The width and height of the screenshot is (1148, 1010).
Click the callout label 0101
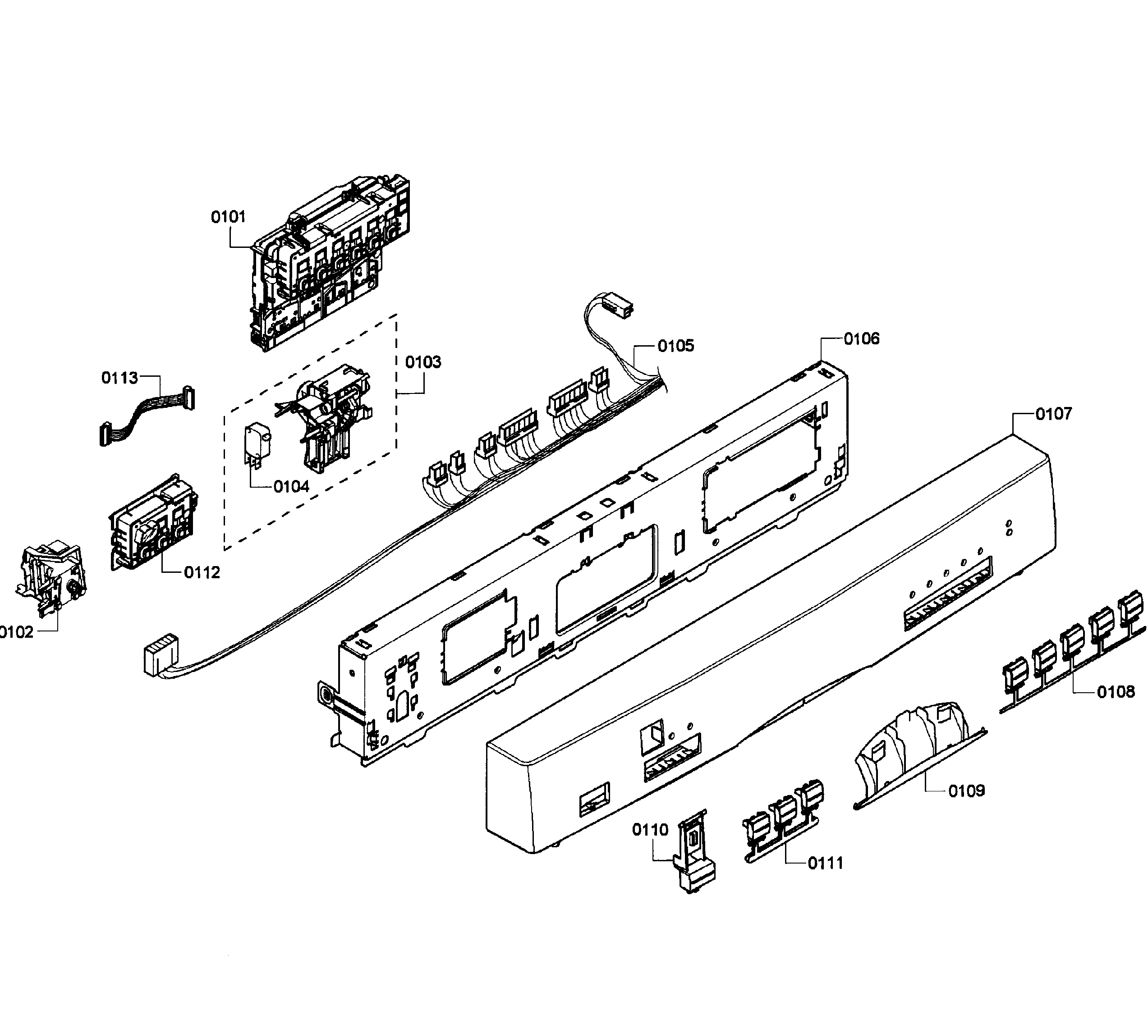tap(228, 217)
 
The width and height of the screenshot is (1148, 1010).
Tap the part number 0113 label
tap(119, 378)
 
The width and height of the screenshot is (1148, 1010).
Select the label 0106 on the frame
tap(862, 339)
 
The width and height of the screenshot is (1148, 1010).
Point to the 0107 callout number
tap(1054, 414)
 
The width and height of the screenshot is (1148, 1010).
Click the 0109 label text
tap(967, 791)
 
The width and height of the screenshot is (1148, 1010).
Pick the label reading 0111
tap(825, 864)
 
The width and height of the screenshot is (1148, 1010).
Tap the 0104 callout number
tap(291, 487)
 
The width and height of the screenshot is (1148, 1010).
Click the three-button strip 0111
tap(784, 820)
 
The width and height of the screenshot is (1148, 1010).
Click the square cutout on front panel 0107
tap(652, 735)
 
